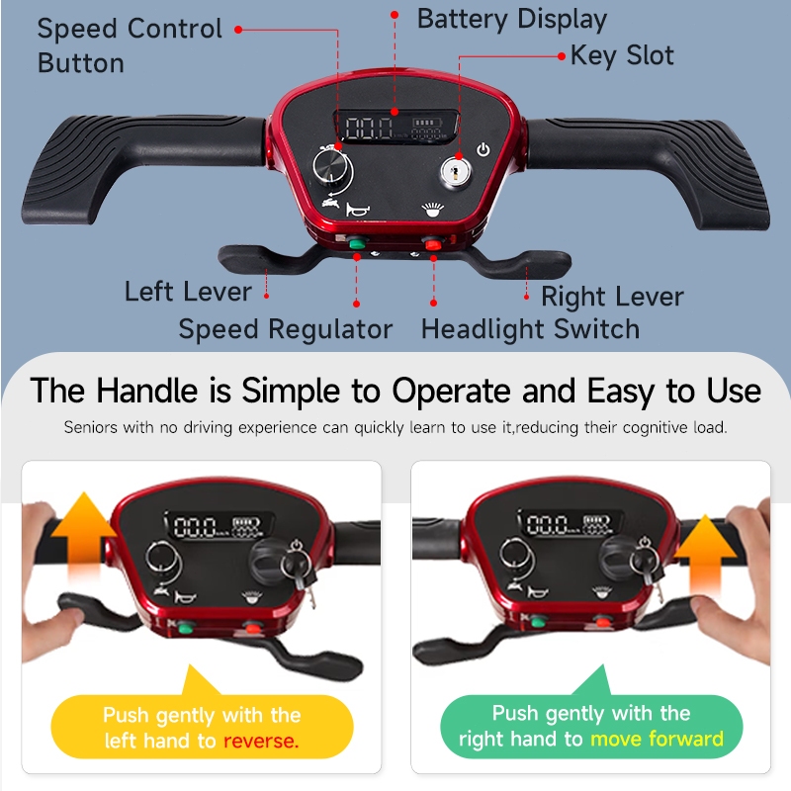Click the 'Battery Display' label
pyautogui.click(x=511, y=20)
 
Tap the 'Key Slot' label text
pyautogui.click(x=622, y=55)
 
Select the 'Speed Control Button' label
pyautogui.click(x=130, y=45)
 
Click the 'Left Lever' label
pyautogui.click(x=188, y=292)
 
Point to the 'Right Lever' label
pyautogui.click(x=612, y=296)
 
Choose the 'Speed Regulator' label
pyautogui.click(x=286, y=329)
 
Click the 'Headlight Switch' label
pyautogui.click(x=530, y=329)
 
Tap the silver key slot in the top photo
pyautogui.click(x=456, y=171)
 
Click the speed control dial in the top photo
pyautogui.click(x=332, y=168)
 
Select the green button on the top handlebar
pyautogui.click(x=357, y=244)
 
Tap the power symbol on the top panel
pyautogui.click(x=483, y=150)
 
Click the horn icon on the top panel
pyautogui.click(x=357, y=210)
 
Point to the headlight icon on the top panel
pyautogui.click(x=433, y=210)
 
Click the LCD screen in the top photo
pyautogui.click(x=396, y=127)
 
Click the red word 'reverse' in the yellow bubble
pyautogui.click(x=261, y=741)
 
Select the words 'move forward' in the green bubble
pyautogui.click(x=657, y=739)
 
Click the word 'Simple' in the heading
pyautogui.click(x=291, y=391)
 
